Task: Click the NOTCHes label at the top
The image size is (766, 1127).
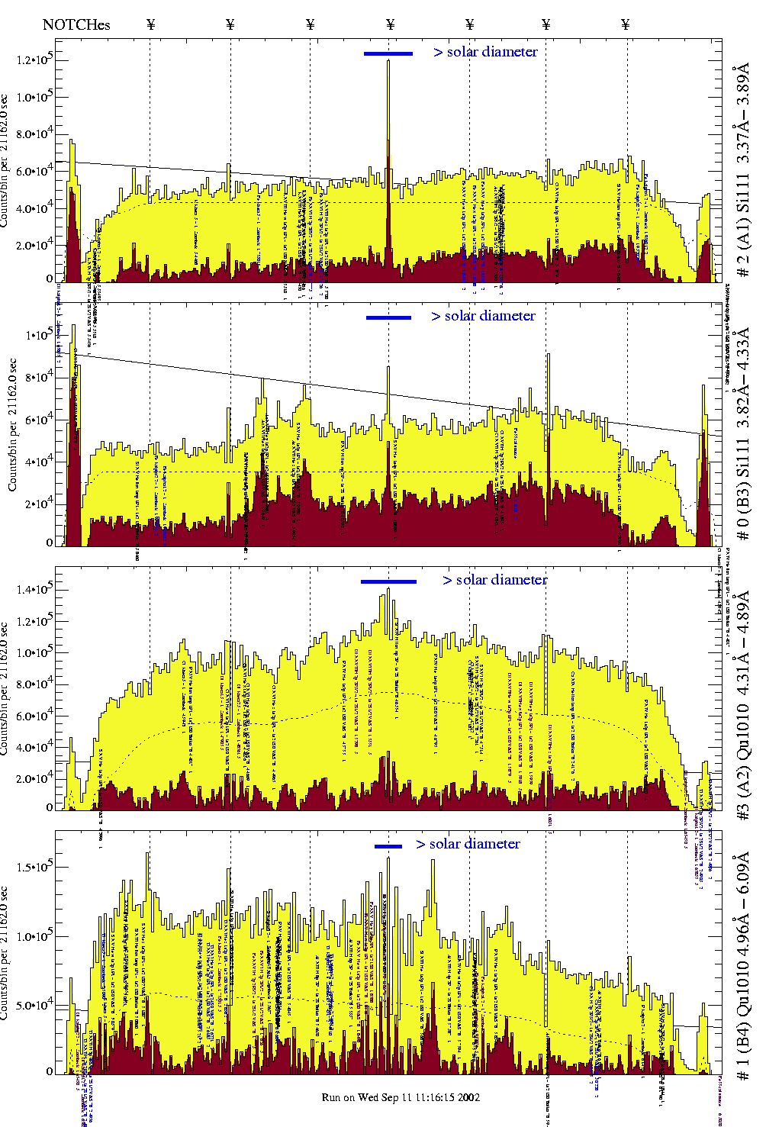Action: (x=76, y=24)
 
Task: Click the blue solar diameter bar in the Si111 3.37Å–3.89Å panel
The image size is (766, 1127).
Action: (x=388, y=53)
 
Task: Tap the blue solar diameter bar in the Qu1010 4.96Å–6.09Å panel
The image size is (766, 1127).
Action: (x=388, y=845)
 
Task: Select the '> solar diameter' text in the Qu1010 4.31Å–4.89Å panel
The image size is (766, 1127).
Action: (x=494, y=580)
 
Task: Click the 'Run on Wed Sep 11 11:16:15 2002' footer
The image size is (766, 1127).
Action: (x=401, y=1097)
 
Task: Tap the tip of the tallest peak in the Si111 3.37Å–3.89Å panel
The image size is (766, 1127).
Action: (x=388, y=60)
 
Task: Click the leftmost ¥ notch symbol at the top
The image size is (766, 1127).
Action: (x=150, y=24)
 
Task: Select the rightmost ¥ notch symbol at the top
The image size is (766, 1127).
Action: (x=626, y=24)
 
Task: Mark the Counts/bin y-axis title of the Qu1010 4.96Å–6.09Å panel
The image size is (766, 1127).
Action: (x=6, y=954)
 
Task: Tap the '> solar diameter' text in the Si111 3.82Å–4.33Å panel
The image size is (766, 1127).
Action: (x=483, y=316)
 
